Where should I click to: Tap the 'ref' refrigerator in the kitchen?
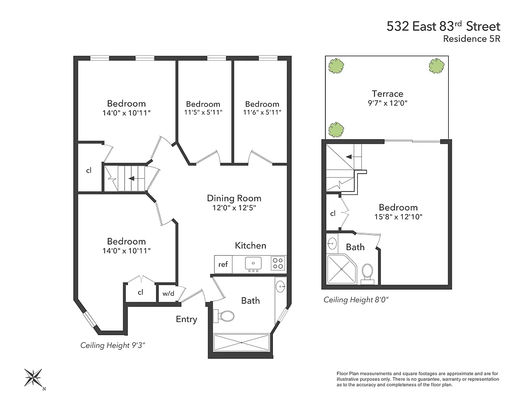(x=223, y=264)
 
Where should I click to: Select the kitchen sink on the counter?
(x=253, y=263)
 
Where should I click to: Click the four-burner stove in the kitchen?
(x=278, y=263)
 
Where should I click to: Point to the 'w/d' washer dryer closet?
(x=167, y=293)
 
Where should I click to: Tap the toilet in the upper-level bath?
(x=368, y=271)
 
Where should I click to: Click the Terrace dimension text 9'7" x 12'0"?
(x=387, y=103)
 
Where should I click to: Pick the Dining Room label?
(x=234, y=198)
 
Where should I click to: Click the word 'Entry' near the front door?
(x=186, y=319)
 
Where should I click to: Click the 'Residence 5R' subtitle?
(x=471, y=39)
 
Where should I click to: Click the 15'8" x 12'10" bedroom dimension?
(x=398, y=217)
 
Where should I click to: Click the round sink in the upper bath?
(x=332, y=244)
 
